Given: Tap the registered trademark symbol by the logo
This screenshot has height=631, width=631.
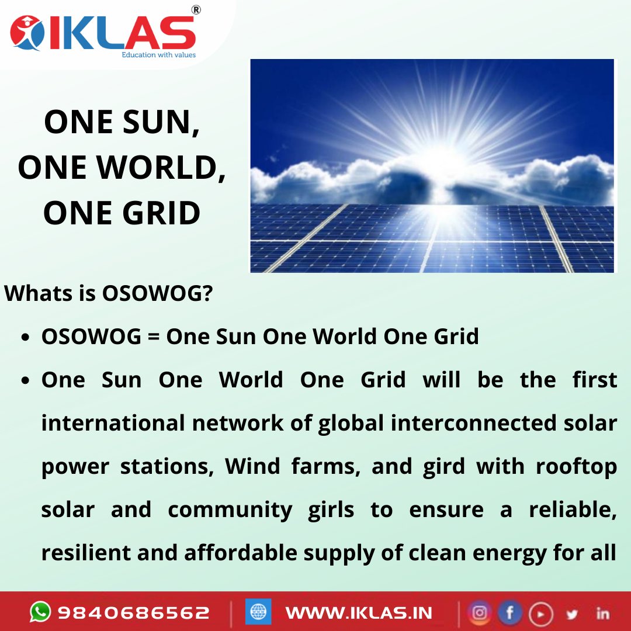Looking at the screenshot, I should (196, 10).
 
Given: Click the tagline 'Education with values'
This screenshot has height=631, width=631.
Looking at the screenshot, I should (158, 55).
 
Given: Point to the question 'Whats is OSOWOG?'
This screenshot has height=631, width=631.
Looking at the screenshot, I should (108, 293).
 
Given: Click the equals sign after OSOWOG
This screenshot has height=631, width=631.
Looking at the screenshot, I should (155, 337).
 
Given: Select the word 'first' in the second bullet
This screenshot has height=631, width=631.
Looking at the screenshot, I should (594, 380).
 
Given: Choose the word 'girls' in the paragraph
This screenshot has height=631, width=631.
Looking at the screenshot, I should (331, 509).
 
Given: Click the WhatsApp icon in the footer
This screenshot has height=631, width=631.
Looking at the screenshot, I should (40, 612).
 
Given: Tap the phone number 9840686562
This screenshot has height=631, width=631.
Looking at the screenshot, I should (133, 612).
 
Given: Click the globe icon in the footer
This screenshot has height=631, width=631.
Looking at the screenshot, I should (258, 612).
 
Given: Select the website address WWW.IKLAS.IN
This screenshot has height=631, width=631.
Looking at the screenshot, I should (359, 612).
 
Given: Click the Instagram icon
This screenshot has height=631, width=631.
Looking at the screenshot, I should (480, 612).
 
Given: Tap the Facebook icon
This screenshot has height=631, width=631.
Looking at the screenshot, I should (509, 612).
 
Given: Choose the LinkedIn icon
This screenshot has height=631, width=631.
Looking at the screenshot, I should (602, 613).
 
